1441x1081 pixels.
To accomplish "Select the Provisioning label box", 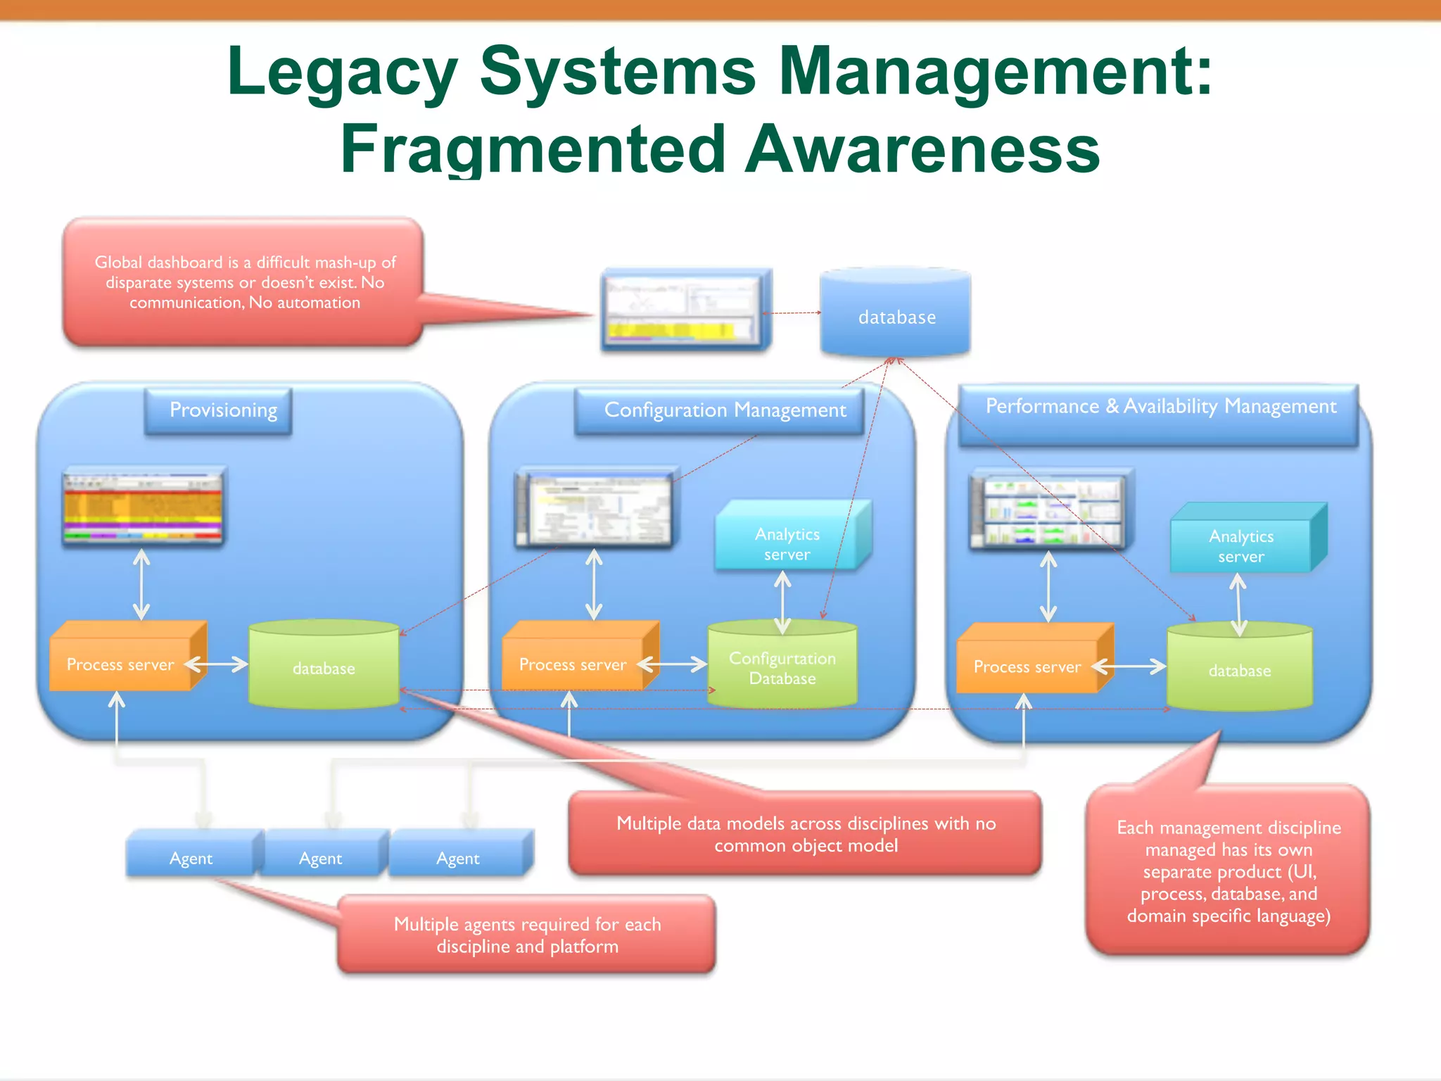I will pyautogui.click(x=218, y=410).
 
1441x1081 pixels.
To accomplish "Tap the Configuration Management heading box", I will pyautogui.click(x=719, y=410).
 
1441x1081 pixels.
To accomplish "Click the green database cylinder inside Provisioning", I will pyautogui.click(x=324, y=665).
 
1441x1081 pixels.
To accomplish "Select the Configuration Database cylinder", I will pyautogui.click(x=782, y=666).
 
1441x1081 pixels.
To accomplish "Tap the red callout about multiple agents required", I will pyautogui.click(x=526, y=935).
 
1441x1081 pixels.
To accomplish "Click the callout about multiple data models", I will pyautogui.click(x=805, y=834).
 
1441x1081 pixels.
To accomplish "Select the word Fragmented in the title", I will pyautogui.click(x=533, y=149).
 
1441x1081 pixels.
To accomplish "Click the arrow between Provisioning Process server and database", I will pyautogui.click(x=217, y=664).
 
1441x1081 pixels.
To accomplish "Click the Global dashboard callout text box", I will pyautogui.click(x=243, y=282).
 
